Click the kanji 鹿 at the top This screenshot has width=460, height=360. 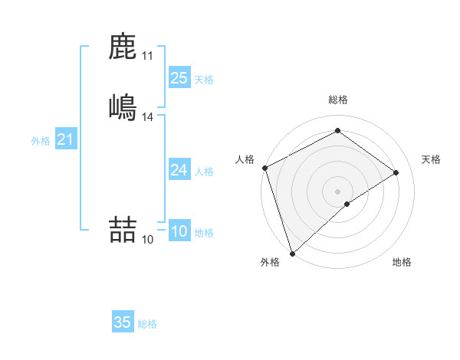pos(123,47)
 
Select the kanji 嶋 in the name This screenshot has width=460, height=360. pos(123,106)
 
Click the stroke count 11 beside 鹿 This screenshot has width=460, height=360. pos(148,56)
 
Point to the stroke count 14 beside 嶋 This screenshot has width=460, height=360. pos(148,116)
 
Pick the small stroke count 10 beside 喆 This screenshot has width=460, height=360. pos(148,240)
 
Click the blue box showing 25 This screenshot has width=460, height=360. pos(179,78)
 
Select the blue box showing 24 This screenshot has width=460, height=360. pos(179,170)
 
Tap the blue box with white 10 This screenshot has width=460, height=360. pos(179,231)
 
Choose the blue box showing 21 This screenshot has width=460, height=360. pos(66,139)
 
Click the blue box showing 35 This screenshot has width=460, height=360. pos(123,322)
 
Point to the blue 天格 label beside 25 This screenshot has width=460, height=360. pos(204,80)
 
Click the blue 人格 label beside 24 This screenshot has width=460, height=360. pos(204,172)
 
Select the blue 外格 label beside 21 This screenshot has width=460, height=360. pos(41,141)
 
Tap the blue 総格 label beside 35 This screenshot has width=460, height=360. pos(147,324)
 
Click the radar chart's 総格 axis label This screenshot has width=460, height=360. pos(338,100)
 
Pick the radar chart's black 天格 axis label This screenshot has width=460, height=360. pos(432,159)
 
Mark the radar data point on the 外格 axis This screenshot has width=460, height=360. pos(292,253)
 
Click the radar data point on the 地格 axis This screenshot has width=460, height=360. pos(347,204)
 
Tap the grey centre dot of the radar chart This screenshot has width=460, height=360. pos(338,191)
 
